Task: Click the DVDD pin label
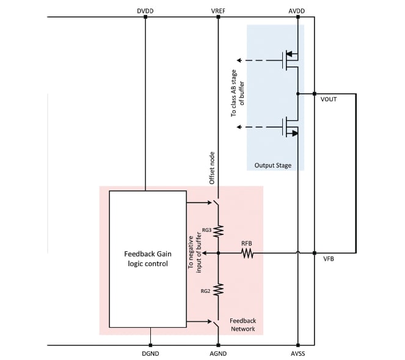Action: click(145, 10)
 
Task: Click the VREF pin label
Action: click(218, 10)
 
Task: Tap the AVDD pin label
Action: click(297, 10)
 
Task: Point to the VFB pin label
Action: click(328, 259)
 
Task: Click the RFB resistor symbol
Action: click(247, 253)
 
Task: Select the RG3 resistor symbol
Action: click(218, 231)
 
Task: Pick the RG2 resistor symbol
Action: click(218, 289)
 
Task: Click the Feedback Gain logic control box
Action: click(147, 259)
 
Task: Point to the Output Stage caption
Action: click(272, 165)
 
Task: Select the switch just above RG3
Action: click(217, 203)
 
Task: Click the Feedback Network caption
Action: click(243, 325)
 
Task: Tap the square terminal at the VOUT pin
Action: click(314, 93)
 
